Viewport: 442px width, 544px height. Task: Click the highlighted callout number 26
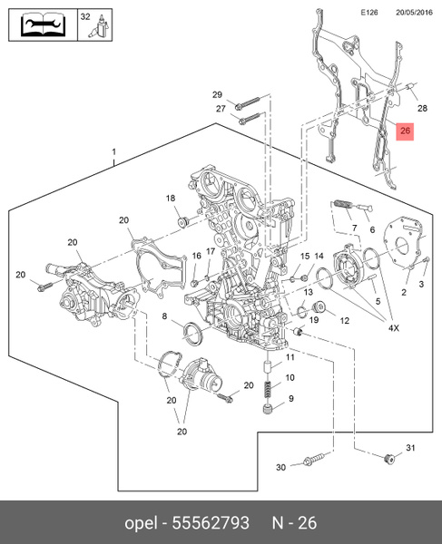pyautogui.click(x=406, y=131)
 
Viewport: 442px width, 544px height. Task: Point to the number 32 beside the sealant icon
pyautogui.click(x=84, y=16)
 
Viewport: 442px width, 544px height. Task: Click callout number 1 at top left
pyautogui.click(x=114, y=151)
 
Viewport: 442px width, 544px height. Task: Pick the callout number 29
pyautogui.click(x=217, y=95)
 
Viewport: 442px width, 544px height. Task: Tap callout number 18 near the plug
pyautogui.click(x=170, y=199)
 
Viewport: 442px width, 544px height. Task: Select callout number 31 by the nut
pyautogui.click(x=409, y=449)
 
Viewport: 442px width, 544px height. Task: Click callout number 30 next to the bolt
pyautogui.click(x=280, y=467)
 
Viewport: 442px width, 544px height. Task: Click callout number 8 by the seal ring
pyautogui.click(x=165, y=316)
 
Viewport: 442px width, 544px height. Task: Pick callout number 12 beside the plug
pyautogui.click(x=344, y=320)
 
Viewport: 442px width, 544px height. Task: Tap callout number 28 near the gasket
pyautogui.click(x=421, y=108)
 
